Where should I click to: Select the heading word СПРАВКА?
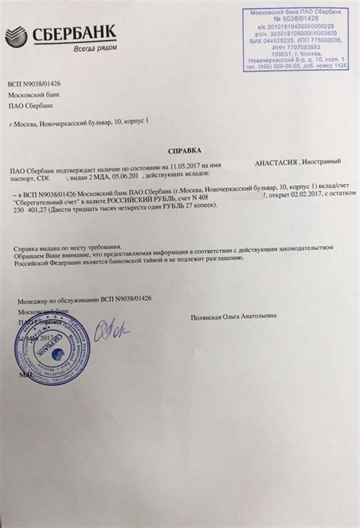pyautogui.click(x=179, y=150)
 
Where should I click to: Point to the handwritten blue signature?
pyautogui.click(x=112, y=328)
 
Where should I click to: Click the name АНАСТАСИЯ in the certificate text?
pyautogui.click(x=276, y=163)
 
